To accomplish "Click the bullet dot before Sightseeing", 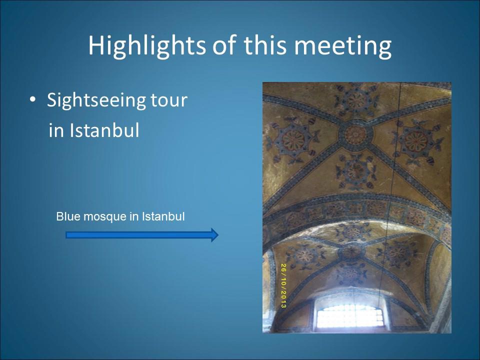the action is (33, 100).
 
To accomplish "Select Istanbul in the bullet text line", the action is (104, 130).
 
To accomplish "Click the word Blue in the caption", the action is (68, 216).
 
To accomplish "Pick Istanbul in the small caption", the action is (163, 216).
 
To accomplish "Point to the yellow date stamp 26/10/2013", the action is (283, 285).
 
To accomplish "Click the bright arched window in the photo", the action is (350, 316).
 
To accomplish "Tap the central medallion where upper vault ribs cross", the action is (355, 134).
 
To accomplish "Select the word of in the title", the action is (224, 45).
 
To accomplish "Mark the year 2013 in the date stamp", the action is (283, 300).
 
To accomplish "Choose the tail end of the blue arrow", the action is (66, 235).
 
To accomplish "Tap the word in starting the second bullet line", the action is (56, 130).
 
